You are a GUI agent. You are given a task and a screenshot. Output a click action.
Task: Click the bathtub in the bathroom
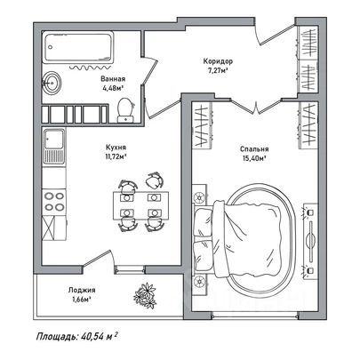pos(78,47)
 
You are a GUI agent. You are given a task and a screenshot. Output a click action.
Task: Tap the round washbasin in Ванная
pos(52,83)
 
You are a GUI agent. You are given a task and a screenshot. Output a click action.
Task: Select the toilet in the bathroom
pos(125,110)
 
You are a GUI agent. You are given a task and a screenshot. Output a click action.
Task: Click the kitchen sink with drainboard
pos(54,146)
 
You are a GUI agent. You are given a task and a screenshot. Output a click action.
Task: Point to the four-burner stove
pos(54,202)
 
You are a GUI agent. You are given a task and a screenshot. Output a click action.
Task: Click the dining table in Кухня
pos(140,205)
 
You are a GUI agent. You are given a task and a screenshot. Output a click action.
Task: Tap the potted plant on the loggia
pos(145,296)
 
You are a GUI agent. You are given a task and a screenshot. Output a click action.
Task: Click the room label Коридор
pos(218,61)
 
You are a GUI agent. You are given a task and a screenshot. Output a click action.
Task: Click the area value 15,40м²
pos(254,158)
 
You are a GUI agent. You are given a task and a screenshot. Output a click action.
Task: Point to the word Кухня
pos(116,148)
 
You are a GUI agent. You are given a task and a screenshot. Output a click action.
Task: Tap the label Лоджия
pos(82,291)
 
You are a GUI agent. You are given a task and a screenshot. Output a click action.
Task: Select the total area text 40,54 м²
pos(99,337)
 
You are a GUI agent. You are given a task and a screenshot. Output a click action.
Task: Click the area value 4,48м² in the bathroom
pos(112,88)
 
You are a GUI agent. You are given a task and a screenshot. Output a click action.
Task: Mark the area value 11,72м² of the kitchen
pos(116,156)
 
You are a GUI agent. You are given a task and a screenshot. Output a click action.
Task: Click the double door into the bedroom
pos(256,106)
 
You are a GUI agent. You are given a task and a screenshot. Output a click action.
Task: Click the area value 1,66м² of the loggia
pos(82,300)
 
